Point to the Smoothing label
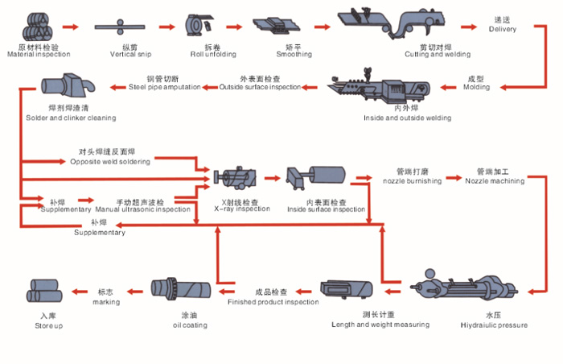coord(272,55)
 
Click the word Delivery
coord(503,30)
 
